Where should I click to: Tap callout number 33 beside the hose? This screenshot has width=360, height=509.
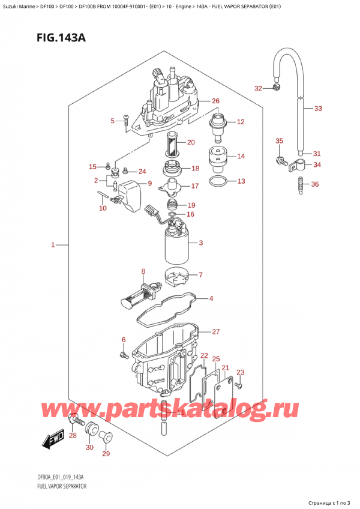(318, 109)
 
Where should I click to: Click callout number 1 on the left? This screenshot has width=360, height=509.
(53, 245)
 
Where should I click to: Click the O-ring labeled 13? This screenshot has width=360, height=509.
(218, 181)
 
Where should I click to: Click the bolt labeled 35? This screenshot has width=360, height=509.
(281, 160)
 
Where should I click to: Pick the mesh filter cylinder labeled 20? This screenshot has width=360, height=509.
(173, 144)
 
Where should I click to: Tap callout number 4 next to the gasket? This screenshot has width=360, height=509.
(210, 298)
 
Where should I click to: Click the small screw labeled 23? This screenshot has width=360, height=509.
(238, 384)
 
